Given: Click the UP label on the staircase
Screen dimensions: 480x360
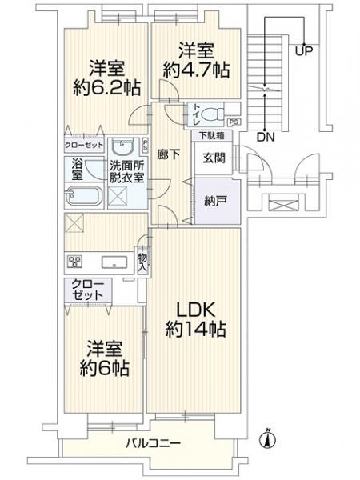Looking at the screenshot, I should click(303, 52).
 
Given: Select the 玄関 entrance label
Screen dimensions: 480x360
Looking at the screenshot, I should click(214, 158).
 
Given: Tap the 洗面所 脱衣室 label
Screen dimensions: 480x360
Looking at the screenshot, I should click(126, 173).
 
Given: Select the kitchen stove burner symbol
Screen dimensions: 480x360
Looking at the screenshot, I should click(76, 262).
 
